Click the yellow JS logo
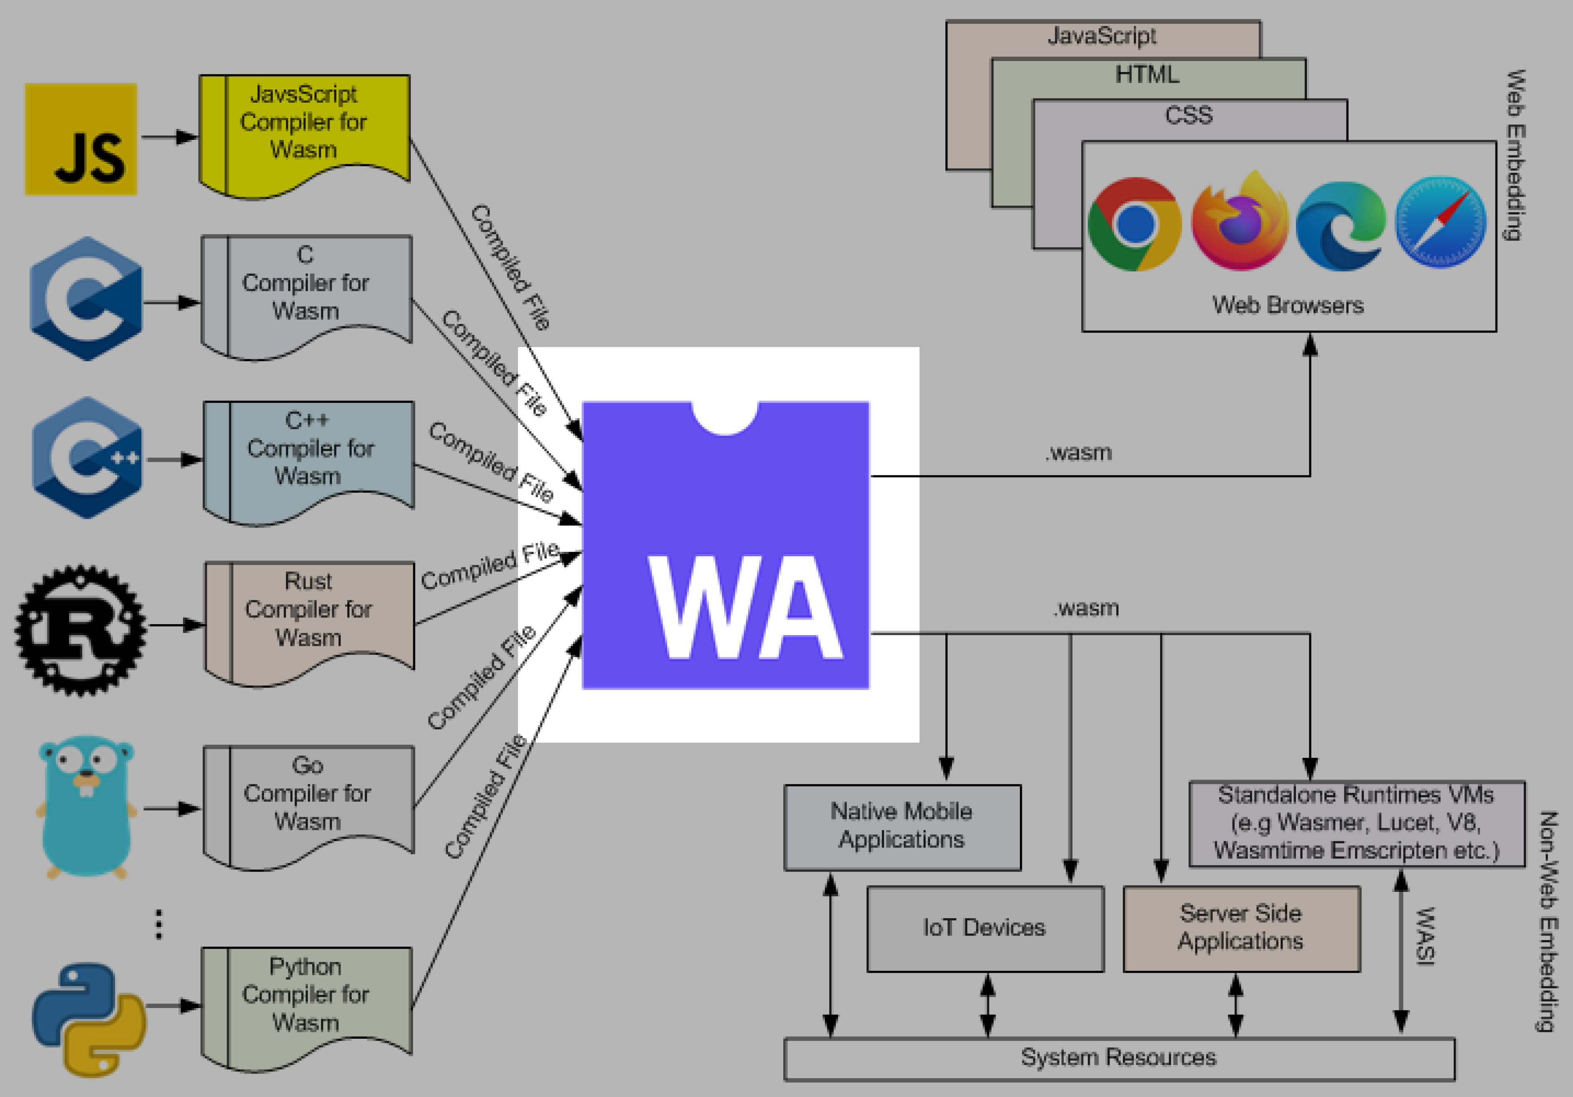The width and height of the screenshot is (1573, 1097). click(81, 139)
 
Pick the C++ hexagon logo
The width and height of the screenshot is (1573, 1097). click(87, 458)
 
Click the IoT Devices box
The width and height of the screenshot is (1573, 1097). click(985, 928)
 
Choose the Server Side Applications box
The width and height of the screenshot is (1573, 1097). click(1241, 928)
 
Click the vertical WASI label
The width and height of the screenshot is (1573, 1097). click(1425, 936)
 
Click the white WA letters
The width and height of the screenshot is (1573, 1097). click(745, 608)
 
